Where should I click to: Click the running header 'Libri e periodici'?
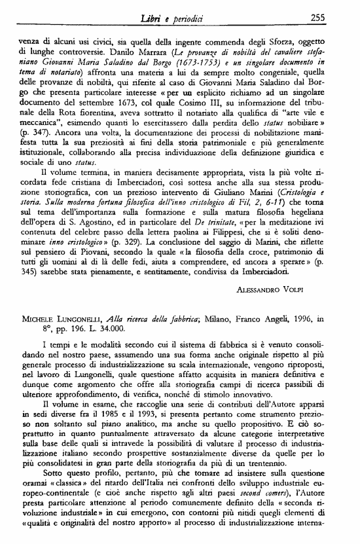click(x=178, y=7)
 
